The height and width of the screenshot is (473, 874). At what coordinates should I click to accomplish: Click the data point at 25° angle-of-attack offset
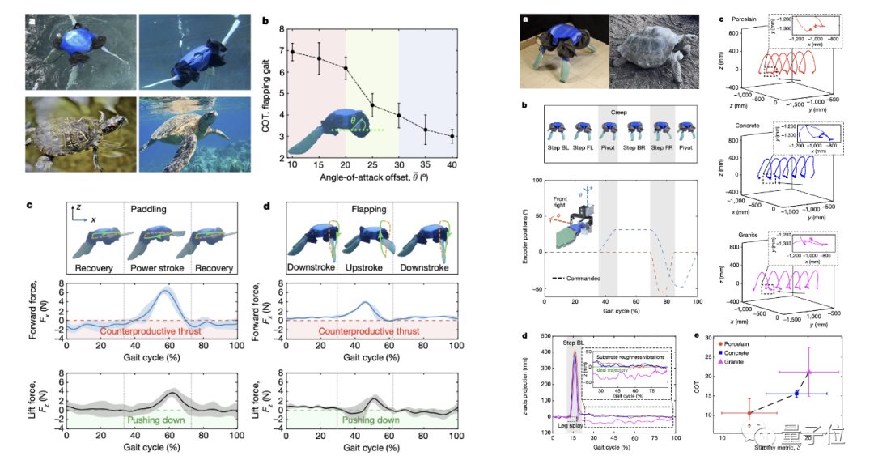372,105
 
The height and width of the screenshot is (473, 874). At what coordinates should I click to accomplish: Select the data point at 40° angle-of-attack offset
452,136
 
